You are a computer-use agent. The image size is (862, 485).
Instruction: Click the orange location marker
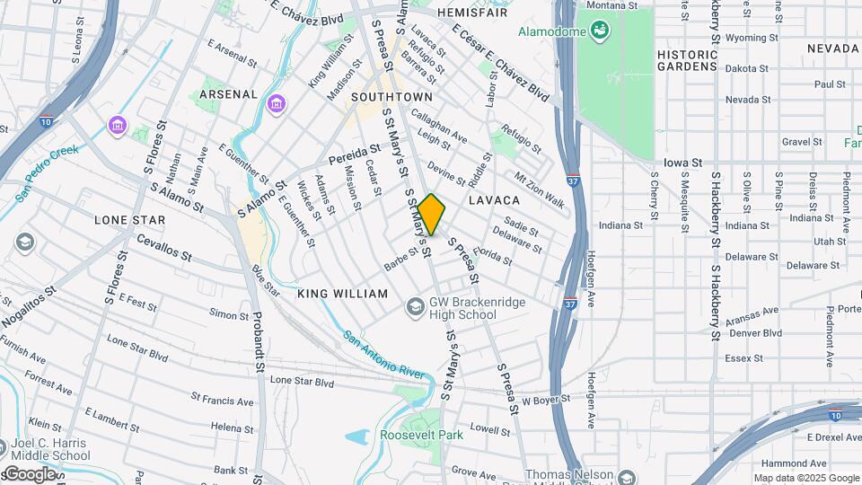coord(432,214)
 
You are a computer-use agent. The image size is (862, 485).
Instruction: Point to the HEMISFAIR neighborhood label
coord(471,13)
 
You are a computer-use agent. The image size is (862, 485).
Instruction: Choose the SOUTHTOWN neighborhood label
coord(391,96)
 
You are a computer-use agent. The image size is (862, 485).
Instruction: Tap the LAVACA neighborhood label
coord(494,199)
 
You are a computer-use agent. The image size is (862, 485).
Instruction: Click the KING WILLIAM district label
coord(342,294)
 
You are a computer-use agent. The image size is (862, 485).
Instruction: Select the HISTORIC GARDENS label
coord(687,60)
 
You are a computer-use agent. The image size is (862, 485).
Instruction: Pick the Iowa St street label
coord(682,163)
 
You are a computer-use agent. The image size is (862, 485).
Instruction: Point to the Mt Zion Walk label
coord(539,190)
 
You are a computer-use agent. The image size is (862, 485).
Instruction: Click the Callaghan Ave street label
coord(440,127)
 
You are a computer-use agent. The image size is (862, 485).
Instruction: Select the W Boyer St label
coord(546,399)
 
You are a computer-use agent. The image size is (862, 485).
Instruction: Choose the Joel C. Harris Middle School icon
coord(2,447)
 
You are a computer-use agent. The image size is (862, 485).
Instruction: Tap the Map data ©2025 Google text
coord(806,478)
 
